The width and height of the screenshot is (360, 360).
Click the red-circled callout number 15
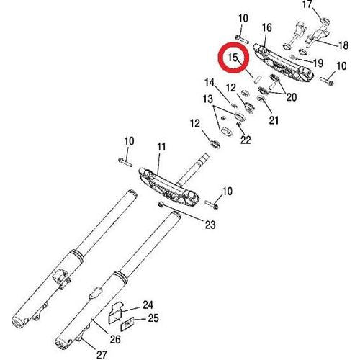(233, 58)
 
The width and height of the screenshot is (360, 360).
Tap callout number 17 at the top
(307, 4)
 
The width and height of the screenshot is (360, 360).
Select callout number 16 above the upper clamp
(266, 28)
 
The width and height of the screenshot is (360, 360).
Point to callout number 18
(343, 45)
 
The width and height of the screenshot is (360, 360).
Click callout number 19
(318, 63)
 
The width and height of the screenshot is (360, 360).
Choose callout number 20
(292, 97)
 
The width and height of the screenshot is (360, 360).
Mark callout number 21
(274, 120)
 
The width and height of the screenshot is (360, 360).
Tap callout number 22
(246, 140)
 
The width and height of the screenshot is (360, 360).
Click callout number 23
(210, 225)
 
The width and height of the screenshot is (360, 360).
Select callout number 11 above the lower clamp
(161, 147)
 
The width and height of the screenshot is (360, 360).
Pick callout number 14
(210, 83)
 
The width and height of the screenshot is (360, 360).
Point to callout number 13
(208, 99)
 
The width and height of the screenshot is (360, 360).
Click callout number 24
(148, 305)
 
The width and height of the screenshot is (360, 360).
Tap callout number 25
(153, 318)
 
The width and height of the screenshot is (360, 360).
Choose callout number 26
(115, 339)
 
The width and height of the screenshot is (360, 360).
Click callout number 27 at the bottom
(102, 355)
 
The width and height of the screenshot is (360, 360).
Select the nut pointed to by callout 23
(161, 204)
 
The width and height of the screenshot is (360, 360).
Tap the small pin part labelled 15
(257, 79)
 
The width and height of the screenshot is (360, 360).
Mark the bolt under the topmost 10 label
(242, 40)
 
